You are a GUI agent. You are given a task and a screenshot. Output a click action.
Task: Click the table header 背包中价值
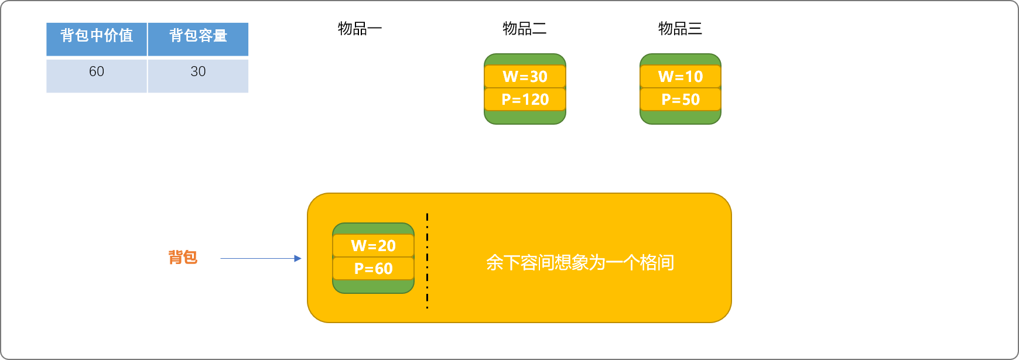pos(97,36)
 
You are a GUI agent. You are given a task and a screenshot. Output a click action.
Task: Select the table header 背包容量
pos(198,36)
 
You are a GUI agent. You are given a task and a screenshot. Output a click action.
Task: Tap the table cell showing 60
pos(97,72)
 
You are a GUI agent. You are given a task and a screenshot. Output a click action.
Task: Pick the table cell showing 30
pos(198,72)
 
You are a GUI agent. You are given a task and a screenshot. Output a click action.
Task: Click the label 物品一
pos(360,29)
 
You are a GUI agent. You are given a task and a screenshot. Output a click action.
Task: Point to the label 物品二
pos(525,29)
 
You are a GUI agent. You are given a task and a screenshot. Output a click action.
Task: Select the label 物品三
pos(680,29)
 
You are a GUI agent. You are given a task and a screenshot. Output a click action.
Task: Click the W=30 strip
pos(525,77)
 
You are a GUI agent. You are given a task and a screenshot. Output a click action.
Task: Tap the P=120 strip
pos(525,100)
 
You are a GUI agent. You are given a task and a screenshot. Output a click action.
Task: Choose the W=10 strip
pos(680,77)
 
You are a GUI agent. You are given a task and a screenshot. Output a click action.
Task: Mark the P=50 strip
pos(680,100)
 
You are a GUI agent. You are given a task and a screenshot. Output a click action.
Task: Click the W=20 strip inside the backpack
pos(373,246)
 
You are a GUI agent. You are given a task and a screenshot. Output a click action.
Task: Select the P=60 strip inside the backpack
pos(373,269)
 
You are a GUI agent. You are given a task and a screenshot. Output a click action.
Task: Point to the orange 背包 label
pos(183,258)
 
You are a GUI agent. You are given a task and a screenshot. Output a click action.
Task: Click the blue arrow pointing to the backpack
pos(261,258)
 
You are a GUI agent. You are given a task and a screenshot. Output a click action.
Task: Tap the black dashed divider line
pos(428,261)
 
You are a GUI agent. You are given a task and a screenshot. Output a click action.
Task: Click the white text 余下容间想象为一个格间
pos(580,263)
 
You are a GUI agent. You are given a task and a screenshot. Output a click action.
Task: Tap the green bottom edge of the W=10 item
pos(680,117)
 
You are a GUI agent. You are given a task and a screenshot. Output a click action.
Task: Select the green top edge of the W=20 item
pos(373,228)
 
